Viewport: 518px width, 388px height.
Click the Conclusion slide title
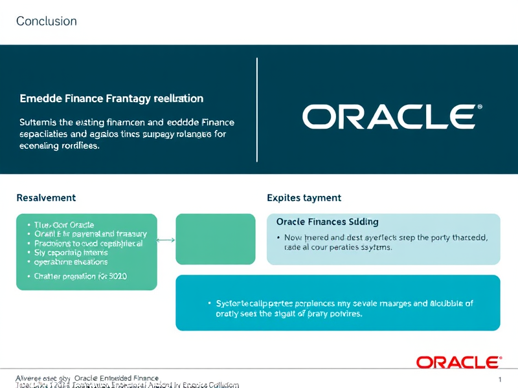(46, 21)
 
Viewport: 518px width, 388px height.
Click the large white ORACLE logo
(387, 116)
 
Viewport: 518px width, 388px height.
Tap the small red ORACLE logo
(457, 361)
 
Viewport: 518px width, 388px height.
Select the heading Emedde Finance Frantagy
(112, 99)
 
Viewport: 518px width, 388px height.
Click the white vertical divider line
(257, 110)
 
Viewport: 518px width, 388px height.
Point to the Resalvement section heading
(46, 198)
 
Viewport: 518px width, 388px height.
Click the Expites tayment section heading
(304, 198)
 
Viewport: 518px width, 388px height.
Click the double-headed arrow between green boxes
(166, 240)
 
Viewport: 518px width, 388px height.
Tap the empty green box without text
(215, 239)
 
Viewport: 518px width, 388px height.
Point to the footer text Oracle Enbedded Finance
(117, 378)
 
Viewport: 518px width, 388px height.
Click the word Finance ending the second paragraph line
(218, 122)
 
